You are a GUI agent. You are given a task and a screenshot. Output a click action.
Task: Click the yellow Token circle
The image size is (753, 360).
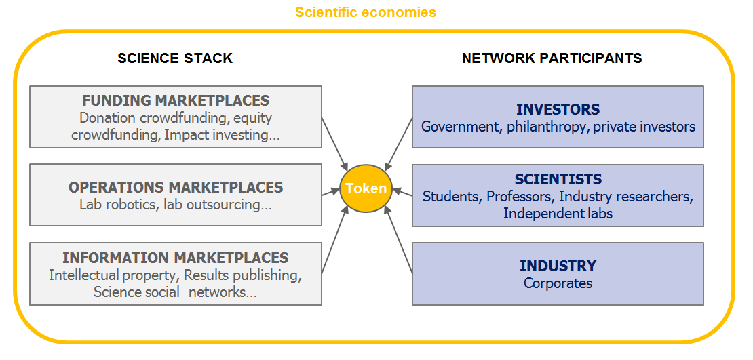tap(366, 188)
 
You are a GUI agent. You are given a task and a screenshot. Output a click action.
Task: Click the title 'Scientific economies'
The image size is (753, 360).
tap(366, 12)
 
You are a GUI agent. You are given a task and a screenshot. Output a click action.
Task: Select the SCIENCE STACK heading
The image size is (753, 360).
tap(175, 58)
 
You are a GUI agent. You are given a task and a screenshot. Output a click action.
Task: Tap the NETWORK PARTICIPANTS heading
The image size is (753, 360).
tap(552, 58)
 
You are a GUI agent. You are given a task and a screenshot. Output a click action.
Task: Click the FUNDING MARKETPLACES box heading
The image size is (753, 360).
tap(176, 101)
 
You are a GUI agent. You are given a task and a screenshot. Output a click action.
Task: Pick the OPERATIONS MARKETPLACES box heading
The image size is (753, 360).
tap(176, 187)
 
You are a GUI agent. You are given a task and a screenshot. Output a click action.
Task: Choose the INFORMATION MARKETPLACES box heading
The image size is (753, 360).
tap(176, 258)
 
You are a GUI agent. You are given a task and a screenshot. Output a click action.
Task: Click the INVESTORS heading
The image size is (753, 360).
tap(558, 109)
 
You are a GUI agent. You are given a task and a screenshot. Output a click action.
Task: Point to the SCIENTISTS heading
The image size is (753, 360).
tap(558, 180)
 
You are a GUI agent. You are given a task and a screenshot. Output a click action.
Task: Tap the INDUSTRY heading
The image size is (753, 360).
tap(558, 266)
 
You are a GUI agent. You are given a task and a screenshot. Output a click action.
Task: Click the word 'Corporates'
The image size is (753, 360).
tap(558, 283)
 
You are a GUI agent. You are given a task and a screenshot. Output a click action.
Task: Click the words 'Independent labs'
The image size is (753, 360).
tap(558, 214)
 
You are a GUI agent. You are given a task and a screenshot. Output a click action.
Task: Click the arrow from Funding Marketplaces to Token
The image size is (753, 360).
tap(334, 144)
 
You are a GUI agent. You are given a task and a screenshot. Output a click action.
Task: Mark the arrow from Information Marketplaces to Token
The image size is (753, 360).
tap(334, 239)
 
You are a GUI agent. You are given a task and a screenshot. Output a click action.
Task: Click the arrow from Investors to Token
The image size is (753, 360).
tap(398, 144)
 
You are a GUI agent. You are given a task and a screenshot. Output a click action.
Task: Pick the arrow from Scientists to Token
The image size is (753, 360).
tap(403, 194)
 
